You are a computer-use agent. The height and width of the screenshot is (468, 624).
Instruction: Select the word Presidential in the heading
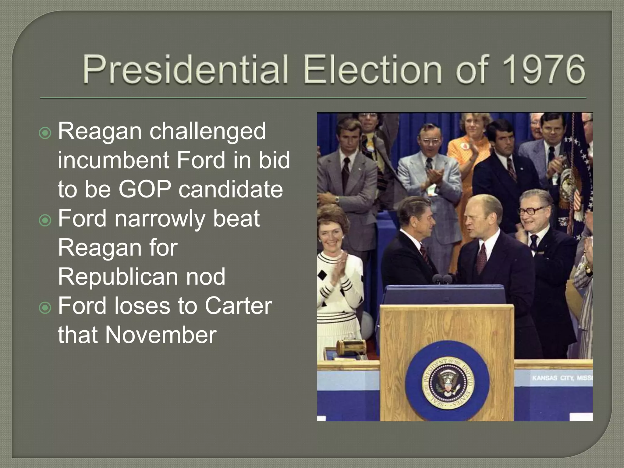point(185,69)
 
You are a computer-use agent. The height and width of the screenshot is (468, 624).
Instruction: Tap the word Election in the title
point(372,69)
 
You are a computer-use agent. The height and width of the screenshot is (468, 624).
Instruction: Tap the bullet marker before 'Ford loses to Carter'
point(45,308)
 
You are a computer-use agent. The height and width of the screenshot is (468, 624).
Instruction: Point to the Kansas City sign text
point(562,378)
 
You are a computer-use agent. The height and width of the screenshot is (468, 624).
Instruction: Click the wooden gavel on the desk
point(350,346)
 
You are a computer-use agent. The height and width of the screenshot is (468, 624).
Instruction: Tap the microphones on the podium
point(442,278)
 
